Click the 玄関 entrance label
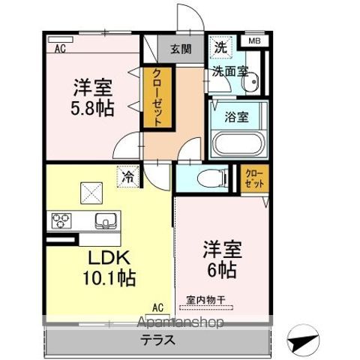pos(180,49)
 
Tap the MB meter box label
pos(255,42)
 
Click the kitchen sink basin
pos(106,220)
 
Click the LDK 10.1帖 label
pos(109,268)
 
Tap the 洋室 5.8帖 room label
pos(94,96)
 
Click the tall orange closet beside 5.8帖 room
pos(159,97)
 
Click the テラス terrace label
pos(158,339)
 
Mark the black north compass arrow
pos(307,339)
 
